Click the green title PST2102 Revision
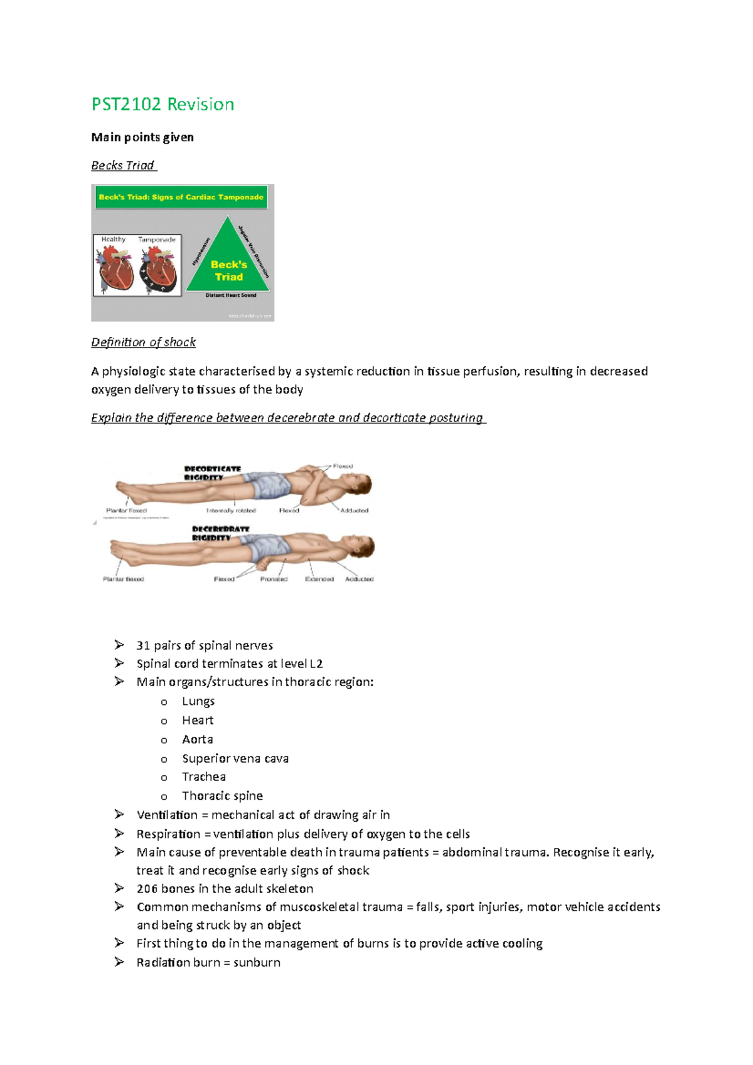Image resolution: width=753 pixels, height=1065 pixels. coord(163,104)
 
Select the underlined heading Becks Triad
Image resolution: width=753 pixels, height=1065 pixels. coord(123,166)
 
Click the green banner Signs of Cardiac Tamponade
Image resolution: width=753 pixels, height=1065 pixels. coord(181,197)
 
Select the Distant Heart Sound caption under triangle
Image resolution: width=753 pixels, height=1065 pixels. coord(231,295)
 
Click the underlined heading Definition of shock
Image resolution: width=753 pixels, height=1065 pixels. coord(143,342)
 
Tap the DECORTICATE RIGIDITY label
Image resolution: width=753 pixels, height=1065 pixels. coord(212,473)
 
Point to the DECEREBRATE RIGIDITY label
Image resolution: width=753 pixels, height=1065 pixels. coord(220,533)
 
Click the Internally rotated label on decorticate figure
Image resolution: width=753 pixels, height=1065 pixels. coord(231,511)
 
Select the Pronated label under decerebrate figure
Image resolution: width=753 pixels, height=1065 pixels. coord(274,579)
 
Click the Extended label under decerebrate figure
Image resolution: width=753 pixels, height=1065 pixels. coord(319,579)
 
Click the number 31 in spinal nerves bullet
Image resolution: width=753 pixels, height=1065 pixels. coord(143,645)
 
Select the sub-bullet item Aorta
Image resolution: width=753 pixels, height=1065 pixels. coord(198,739)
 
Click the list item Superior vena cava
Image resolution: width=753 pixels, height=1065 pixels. coord(235,758)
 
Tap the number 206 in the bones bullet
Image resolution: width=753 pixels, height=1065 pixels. coord(147,889)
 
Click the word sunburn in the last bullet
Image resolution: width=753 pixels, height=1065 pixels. coord(257,963)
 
